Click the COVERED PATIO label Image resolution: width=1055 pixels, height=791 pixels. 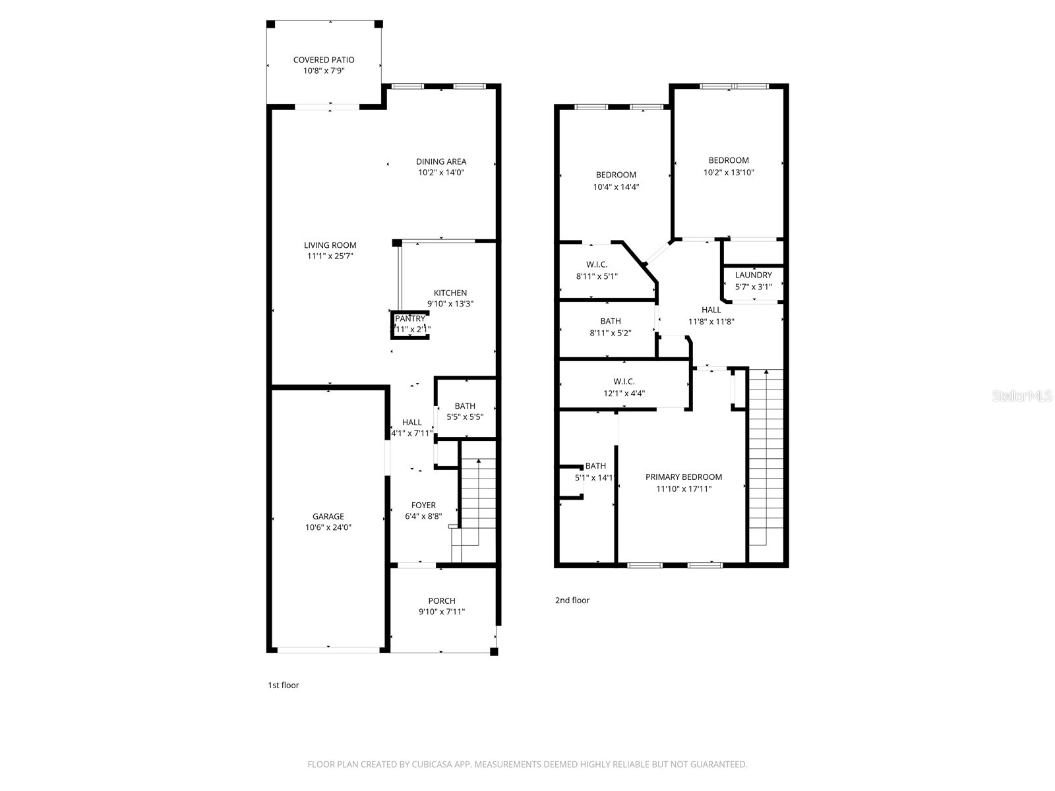tap(324, 60)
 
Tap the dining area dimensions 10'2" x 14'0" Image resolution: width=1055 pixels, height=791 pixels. tap(441, 173)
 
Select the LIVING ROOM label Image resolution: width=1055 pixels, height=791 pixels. tap(330, 245)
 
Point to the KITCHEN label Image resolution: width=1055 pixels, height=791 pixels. tap(450, 293)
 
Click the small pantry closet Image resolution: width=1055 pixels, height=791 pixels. tap(410, 324)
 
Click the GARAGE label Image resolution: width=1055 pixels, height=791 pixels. tap(328, 517)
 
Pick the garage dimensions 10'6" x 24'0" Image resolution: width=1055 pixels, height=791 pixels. tap(328, 527)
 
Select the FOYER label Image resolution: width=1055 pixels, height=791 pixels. tap(423, 506)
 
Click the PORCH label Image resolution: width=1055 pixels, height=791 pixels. tap(441, 601)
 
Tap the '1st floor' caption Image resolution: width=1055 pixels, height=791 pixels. tap(283, 686)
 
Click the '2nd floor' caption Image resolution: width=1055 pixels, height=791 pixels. tap(572, 601)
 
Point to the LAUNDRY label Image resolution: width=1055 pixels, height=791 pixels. tap(753, 276)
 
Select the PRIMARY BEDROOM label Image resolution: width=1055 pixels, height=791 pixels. tap(683, 477)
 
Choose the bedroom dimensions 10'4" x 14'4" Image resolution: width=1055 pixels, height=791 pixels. tap(616, 187)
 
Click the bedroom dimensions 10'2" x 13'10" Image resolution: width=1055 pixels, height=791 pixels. tap(728, 173)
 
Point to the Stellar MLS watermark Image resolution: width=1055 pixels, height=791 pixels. tap(1023, 396)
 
